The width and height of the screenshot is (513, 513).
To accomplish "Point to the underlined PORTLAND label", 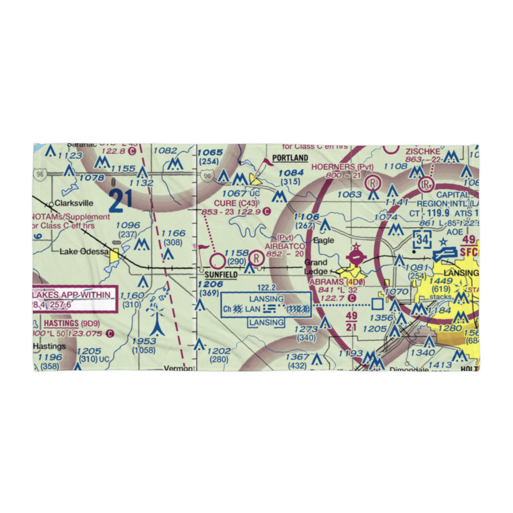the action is coord(290,158).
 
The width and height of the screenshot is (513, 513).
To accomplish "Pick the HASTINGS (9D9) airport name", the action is coord(71,323).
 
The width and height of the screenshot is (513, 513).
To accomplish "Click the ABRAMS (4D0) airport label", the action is coord(336,282).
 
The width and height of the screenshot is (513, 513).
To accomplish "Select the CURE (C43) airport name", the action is coord(235,203).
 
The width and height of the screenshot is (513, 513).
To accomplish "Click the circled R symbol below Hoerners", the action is coord(372,183).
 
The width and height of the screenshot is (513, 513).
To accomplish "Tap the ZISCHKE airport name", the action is coord(423,152).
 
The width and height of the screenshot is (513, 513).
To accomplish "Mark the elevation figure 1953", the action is coord(144,342).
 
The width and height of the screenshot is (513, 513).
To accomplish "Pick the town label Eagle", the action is coord(324,240).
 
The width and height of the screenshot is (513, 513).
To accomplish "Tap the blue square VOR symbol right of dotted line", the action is coord(378,304).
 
